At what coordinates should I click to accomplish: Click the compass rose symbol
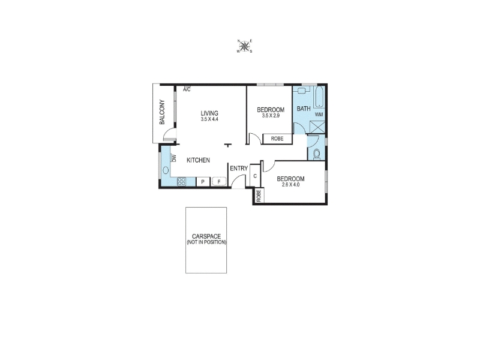pyautogui.click(x=244, y=46)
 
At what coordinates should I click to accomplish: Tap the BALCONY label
pyautogui.click(x=162, y=112)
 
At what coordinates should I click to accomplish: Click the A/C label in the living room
pyautogui.click(x=187, y=89)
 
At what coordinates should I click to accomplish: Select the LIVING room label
pyautogui.click(x=209, y=113)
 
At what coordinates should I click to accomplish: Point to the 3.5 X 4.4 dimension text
pyautogui.click(x=209, y=119)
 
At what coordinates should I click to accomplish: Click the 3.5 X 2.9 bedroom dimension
pyautogui.click(x=271, y=116)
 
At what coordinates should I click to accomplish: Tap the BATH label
pyautogui.click(x=304, y=109)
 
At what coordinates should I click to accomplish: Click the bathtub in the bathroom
pyautogui.click(x=319, y=97)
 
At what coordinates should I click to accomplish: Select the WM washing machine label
pyautogui.click(x=319, y=115)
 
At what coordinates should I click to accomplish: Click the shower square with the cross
pyautogui.click(x=317, y=127)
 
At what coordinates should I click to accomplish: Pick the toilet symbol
pyautogui.click(x=317, y=154)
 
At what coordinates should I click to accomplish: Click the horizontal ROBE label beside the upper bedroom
pyautogui.click(x=277, y=139)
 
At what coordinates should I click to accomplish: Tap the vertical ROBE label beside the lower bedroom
pyautogui.click(x=259, y=196)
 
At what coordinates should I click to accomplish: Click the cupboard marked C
pyautogui.click(x=255, y=176)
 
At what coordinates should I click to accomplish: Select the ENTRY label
pyautogui.click(x=239, y=169)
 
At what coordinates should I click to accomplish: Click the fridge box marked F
pyautogui.click(x=219, y=182)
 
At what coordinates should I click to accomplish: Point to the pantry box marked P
pyautogui.click(x=203, y=182)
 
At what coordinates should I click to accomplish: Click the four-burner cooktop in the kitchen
pyautogui.click(x=181, y=182)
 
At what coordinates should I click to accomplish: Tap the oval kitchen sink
pyautogui.click(x=166, y=170)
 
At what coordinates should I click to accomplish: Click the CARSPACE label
pyautogui.click(x=206, y=236)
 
